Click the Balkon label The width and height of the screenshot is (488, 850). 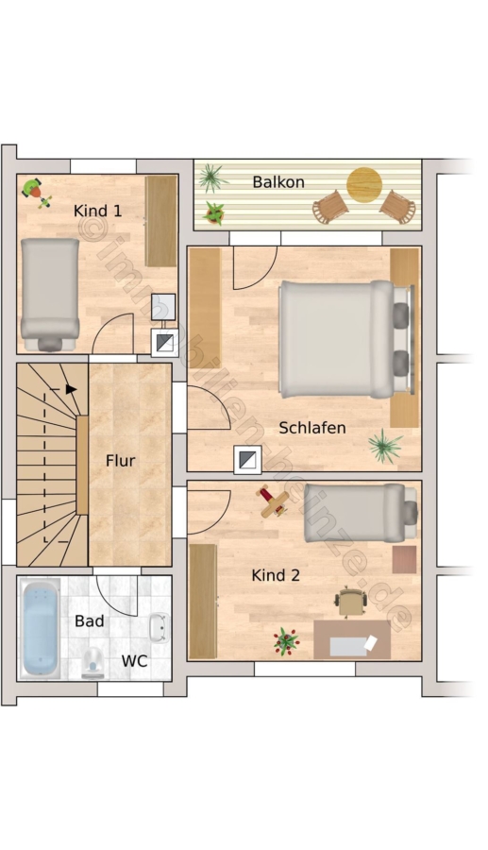278,181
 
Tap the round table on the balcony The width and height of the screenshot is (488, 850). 364,185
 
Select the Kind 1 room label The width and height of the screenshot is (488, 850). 97,211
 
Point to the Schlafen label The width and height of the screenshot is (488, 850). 312,428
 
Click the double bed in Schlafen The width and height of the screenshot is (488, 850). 346,339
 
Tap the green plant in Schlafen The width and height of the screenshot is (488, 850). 385,446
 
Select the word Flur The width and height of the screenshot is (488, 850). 120,461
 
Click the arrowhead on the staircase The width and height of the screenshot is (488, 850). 71,389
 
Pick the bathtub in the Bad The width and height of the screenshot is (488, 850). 40,629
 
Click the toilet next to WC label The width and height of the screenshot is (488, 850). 93,662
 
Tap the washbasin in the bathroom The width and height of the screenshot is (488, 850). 159,628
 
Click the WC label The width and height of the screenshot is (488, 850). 134,661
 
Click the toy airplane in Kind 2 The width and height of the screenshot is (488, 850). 273,501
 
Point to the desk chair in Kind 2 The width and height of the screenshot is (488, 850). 351,603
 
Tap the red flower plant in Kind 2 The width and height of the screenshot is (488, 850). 286,641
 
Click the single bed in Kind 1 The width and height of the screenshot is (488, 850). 50,295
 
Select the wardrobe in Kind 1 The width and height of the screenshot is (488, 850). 160,221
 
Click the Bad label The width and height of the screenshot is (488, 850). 90,620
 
